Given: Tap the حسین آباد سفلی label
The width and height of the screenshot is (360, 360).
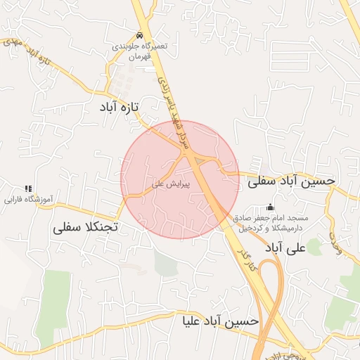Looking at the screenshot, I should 290,181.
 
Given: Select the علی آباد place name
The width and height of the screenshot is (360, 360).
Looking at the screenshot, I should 283,248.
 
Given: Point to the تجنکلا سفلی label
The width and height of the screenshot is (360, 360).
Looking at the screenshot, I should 87,228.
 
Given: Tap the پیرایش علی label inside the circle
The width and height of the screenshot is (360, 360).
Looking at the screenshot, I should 168,184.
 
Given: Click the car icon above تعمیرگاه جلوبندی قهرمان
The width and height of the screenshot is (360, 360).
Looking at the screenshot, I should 141,36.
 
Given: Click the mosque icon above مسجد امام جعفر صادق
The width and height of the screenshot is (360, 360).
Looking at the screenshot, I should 270,207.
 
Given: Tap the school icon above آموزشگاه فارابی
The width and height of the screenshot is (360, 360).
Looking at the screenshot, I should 29,188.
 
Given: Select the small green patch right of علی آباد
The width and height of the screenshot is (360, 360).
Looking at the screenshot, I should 314,247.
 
